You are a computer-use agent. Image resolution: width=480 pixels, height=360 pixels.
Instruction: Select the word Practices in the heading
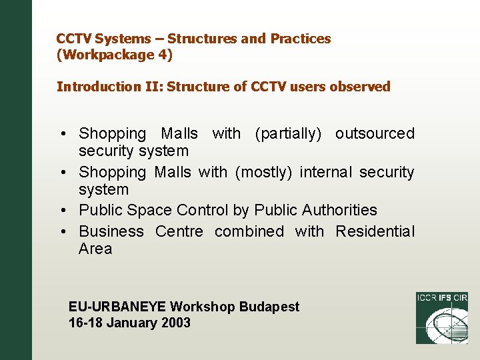coord(300,39)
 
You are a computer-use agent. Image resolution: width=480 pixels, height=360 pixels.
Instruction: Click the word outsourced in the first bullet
coord(375,134)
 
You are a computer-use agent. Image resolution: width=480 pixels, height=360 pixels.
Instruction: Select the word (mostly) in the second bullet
coord(263,173)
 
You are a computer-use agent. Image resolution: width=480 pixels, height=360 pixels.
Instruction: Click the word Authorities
coord(339,211)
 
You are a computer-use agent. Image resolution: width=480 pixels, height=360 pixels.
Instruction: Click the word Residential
coord(375,232)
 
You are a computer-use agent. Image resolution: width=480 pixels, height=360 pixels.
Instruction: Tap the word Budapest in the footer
coord(269,307)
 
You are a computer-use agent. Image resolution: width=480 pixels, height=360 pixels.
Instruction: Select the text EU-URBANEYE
coord(117,307)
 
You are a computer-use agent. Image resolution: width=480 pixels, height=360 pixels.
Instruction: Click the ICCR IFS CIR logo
coord(441,317)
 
